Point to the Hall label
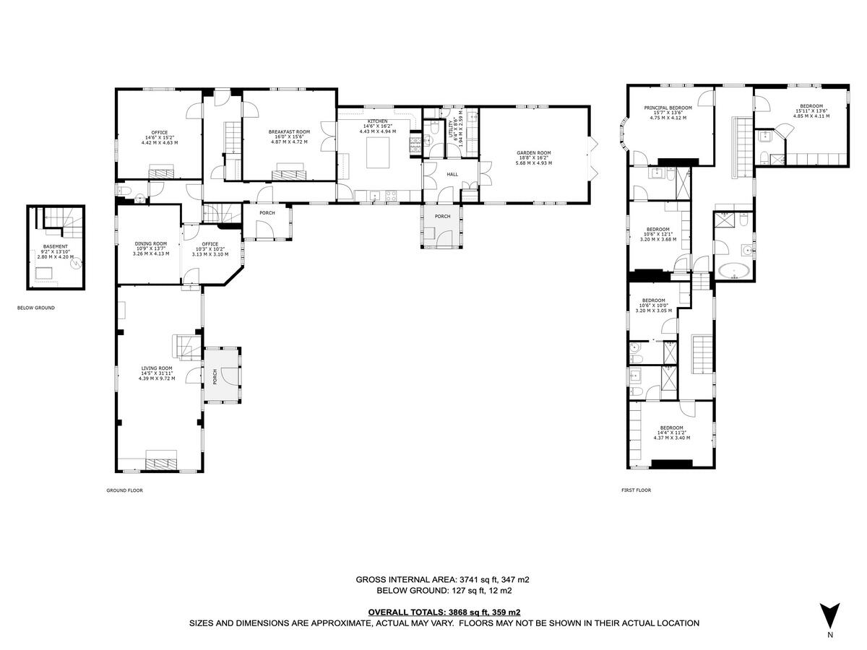click(452, 174)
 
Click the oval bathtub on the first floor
click(734, 272)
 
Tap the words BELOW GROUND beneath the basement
click(35, 308)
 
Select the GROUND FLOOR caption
click(124, 490)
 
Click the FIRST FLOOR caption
click(636, 490)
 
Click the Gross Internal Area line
click(444, 579)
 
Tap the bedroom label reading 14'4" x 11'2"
click(670, 433)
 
